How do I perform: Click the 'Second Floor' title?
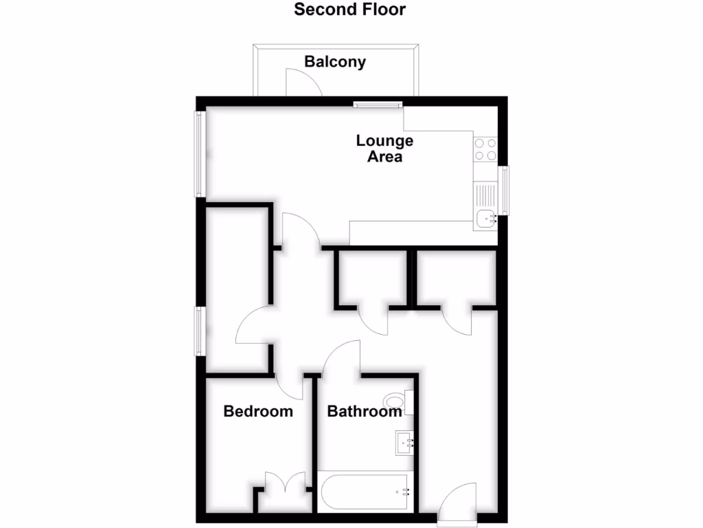[x=350, y=10]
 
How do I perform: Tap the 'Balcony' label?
[x=335, y=62]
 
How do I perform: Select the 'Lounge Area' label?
[x=384, y=148]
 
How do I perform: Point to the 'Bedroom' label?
[x=258, y=412]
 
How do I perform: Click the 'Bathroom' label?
[x=365, y=412]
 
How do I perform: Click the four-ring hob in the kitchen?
[x=485, y=149]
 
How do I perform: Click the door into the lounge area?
[x=299, y=231]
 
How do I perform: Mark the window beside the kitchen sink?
[x=505, y=190]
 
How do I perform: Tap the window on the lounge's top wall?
[x=377, y=104]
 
